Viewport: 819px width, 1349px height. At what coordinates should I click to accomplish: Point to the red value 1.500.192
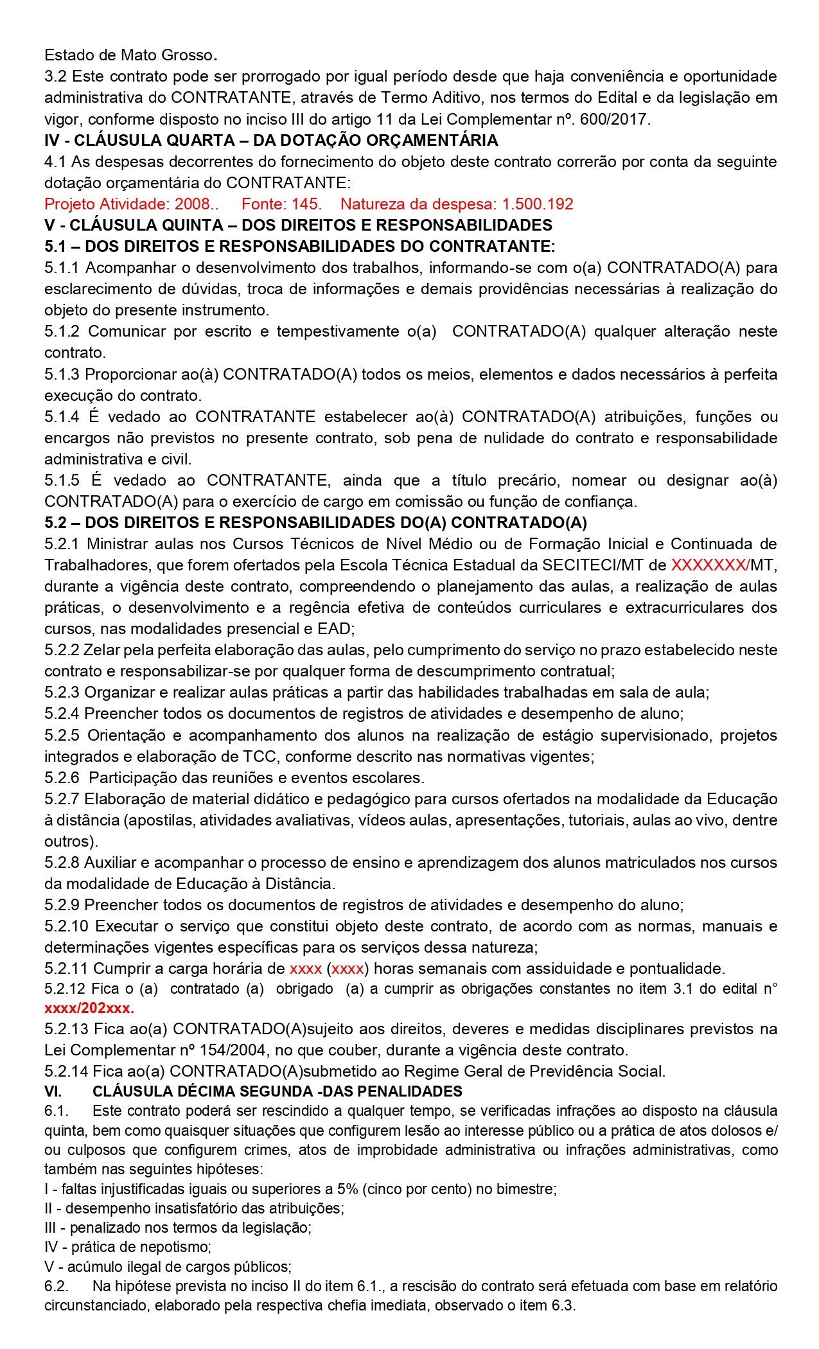point(538,204)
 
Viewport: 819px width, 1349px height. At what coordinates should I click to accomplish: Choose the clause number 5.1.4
point(62,417)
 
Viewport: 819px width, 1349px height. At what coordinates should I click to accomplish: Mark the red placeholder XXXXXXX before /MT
point(709,565)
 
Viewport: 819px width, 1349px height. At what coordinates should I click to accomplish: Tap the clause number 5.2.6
point(62,778)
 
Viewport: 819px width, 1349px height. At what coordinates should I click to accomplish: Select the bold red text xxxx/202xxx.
point(89,1008)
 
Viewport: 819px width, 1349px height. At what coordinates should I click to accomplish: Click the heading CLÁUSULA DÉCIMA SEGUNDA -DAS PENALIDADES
point(277,1091)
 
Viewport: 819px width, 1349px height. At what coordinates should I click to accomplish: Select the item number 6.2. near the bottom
point(57,1286)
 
